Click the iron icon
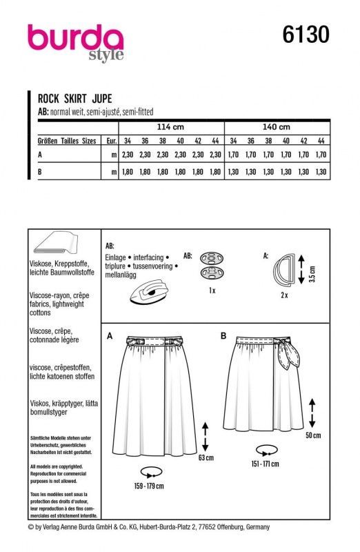[148, 291]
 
